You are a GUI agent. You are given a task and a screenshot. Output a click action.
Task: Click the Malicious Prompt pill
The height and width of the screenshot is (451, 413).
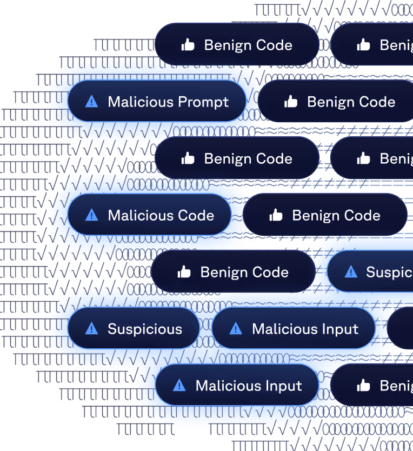157,102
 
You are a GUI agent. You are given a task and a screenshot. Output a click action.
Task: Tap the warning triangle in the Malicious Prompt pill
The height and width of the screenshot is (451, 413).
92,102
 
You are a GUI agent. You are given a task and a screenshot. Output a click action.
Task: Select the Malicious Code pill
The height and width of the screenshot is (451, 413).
149,215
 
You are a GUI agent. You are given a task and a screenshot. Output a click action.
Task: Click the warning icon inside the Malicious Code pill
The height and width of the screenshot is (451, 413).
92,215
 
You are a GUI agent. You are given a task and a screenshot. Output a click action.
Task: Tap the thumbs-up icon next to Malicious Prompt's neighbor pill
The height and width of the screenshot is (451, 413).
291,102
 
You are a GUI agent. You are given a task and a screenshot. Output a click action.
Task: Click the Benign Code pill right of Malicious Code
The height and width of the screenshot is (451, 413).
324,215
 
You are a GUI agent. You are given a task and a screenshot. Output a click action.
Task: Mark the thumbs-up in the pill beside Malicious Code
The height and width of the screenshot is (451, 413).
276,215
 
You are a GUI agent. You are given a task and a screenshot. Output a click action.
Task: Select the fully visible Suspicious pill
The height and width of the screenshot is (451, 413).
134,329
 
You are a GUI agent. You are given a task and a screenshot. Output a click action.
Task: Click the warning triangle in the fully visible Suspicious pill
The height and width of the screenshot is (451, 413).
92,329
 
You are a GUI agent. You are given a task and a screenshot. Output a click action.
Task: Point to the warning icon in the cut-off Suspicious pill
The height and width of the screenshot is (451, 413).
351,271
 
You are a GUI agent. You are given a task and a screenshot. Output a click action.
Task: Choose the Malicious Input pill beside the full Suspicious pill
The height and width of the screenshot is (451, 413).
294,329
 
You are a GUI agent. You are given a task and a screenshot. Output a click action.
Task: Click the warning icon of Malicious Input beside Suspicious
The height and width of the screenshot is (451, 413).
236,329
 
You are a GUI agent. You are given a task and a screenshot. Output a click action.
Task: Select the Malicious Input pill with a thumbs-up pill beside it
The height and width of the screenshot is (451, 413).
237,386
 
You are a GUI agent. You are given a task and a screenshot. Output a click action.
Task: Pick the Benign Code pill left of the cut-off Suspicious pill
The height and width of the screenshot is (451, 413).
234,272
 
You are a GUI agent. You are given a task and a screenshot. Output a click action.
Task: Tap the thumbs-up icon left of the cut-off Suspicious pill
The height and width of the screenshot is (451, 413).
184,272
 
